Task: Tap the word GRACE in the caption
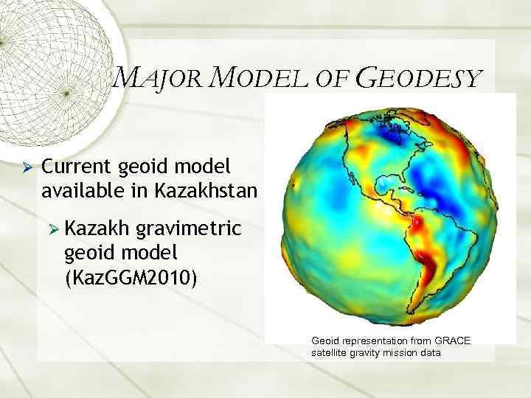click(453, 341)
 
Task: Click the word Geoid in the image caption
click(325, 341)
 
